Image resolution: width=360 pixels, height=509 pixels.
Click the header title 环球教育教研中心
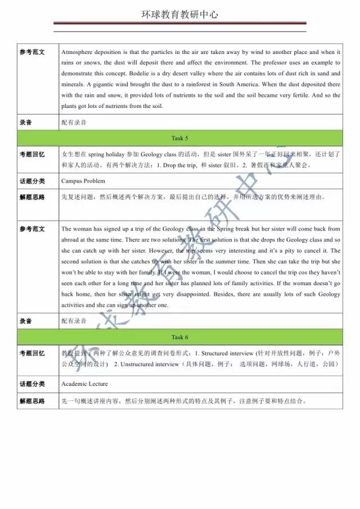pyautogui.click(x=179, y=15)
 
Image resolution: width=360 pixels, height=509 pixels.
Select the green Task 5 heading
pyautogui.click(x=179, y=138)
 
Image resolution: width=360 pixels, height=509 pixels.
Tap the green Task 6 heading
pyautogui.click(x=179, y=337)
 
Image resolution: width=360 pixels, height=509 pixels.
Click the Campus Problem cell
pyautogui.click(x=83, y=181)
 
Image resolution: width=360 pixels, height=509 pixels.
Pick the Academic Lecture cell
pyautogui.click(x=85, y=385)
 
